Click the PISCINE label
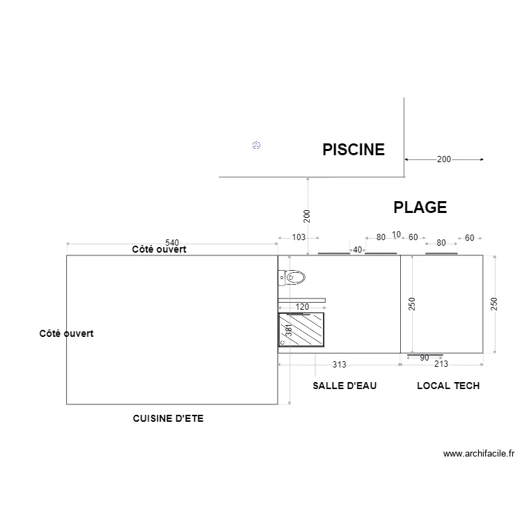[x=353, y=150]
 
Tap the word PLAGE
[x=420, y=207]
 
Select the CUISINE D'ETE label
[x=168, y=418]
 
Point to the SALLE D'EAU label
[x=345, y=386]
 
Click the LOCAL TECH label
[x=448, y=386]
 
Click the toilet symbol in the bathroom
[x=292, y=278]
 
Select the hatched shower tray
[x=301, y=329]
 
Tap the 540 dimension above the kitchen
[x=172, y=242]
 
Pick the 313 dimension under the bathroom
[x=339, y=364]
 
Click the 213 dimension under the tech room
[x=441, y=364]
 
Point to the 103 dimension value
[x=299, y=237]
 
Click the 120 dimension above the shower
[x=302, y=307]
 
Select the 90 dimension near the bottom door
[x=425, y=358]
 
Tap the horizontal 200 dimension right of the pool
[x=444, y=159]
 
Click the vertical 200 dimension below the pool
[x=307, y=216]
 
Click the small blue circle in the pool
[x=256, y=145]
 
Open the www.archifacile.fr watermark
[x=478, y=454]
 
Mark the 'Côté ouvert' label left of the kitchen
[x=66, y=334]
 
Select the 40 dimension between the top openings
[x=358, y=250]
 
